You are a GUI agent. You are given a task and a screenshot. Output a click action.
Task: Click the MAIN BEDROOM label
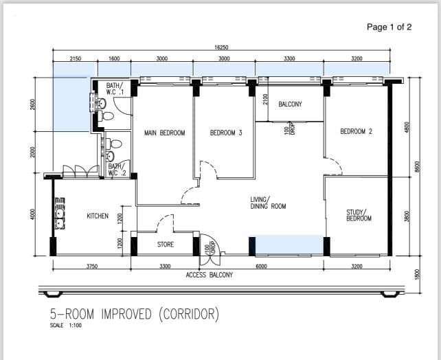164,133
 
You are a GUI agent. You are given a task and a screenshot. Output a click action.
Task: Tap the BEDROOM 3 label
226,133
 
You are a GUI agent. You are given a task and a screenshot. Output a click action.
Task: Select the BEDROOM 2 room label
356,131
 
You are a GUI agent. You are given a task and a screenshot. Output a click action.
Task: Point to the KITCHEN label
98,216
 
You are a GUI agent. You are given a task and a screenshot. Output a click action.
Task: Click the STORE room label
166,244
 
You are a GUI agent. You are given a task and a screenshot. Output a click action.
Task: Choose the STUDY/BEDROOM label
359,215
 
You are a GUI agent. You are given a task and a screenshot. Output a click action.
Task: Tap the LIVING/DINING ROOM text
268,203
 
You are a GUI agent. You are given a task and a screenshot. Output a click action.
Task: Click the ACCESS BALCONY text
210,275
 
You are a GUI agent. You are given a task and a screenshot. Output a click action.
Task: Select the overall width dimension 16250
222,47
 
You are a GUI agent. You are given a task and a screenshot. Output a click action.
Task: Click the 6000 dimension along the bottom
261,266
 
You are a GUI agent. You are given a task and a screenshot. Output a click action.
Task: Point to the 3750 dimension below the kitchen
91,266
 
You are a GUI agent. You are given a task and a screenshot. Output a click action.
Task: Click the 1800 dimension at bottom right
417,273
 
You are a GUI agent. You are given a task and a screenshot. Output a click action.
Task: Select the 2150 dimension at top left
76,59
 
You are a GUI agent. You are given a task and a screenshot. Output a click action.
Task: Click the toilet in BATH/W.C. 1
100,104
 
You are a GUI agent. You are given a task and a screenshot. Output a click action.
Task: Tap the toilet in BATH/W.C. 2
115,144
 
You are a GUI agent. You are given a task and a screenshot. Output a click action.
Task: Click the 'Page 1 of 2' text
389,27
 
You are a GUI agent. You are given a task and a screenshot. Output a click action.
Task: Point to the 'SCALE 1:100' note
66,326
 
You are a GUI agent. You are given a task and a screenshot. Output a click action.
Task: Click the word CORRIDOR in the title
188,314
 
